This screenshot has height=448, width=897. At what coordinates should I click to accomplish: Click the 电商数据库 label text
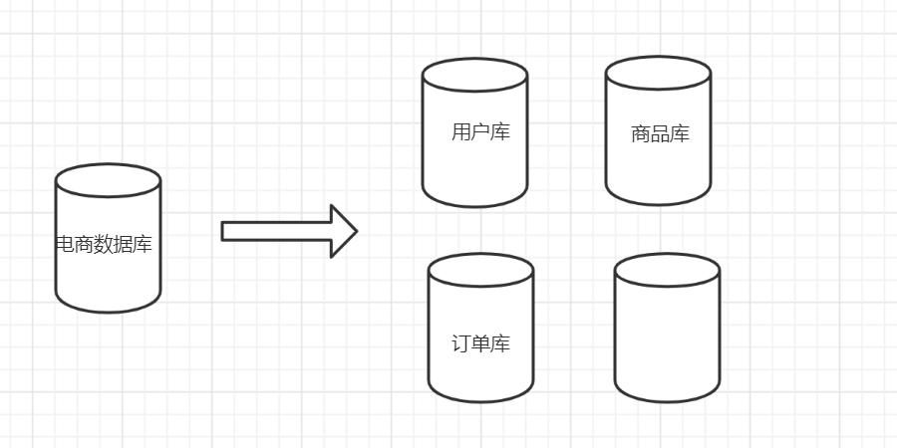point(105,244)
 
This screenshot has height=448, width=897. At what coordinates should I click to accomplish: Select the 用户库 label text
point(480,132)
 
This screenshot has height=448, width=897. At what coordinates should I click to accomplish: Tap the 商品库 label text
point(660,133)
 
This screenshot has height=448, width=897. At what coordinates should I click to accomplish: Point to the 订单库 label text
point(480,344)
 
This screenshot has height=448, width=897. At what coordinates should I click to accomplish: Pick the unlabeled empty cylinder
point(667,338)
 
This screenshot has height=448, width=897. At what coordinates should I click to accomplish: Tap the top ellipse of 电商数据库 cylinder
point(108,180)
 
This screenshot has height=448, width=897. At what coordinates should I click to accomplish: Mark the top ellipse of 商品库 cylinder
point(658,73)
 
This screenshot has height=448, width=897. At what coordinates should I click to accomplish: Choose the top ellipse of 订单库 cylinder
point(480,270)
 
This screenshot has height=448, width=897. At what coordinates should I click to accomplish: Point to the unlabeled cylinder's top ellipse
point(667,270)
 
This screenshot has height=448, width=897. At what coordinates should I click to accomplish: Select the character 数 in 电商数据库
point(104,244)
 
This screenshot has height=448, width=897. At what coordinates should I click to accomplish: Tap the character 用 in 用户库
point(461,132)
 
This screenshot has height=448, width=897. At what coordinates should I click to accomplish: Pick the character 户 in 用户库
point(480,132)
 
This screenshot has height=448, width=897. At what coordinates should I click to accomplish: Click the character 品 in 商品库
point(660,133)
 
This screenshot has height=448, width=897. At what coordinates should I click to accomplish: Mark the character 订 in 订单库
point(461,344)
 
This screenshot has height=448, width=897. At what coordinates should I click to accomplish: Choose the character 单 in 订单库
point(480,344)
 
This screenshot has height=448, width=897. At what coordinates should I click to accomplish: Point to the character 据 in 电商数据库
point(124,244)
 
